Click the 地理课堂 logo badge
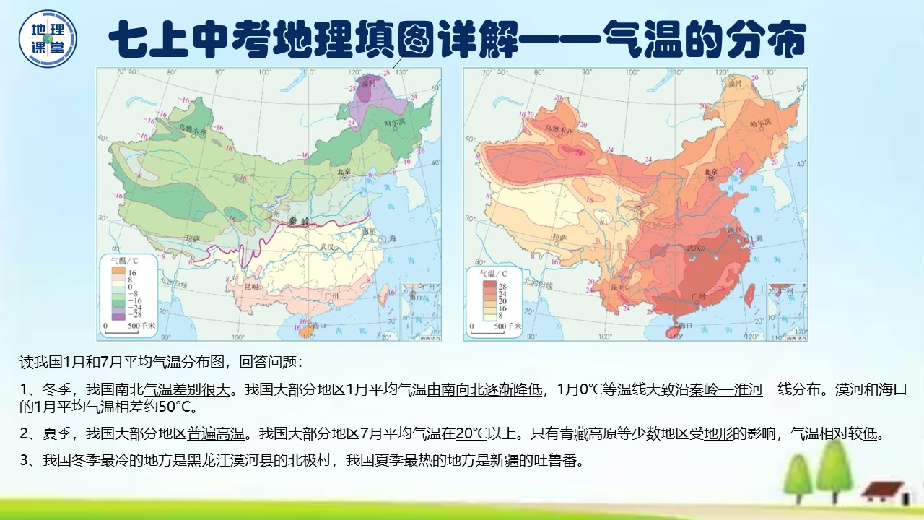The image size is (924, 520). [x=48, y=38]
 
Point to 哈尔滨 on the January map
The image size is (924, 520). [x=394, y=123]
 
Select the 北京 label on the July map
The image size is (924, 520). [x=711, y=173]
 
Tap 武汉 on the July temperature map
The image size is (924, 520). [x=695, y=248]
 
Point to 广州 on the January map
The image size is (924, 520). [x=332, y=295]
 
